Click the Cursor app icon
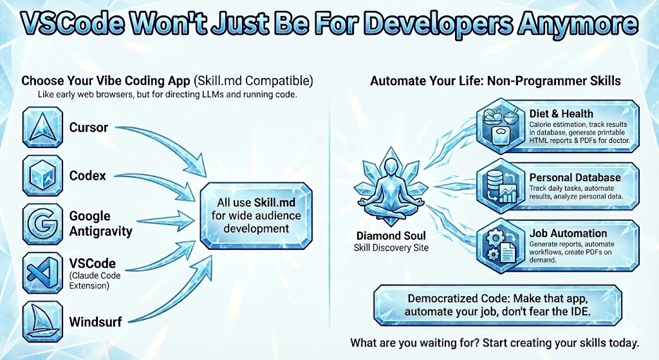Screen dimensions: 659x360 pos(42,127)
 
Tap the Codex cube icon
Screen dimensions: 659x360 pos(42,175)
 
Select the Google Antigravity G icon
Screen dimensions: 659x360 pos(42,223)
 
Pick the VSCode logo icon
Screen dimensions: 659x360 pos(42,272)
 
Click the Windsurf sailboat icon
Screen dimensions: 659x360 pos(42,321)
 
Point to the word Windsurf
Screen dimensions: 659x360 pos(95,322)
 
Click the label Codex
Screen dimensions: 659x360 pos(88,175)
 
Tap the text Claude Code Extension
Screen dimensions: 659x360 pos(95,281)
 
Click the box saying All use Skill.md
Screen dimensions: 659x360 pos(256,215)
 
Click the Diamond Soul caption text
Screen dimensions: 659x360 pos(391,242)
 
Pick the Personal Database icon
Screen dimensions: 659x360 pos(501,185)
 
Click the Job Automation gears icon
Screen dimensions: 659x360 pos(501,245)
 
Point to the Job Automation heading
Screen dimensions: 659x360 pos(568,233)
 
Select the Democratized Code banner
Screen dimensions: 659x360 pos(497,305)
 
